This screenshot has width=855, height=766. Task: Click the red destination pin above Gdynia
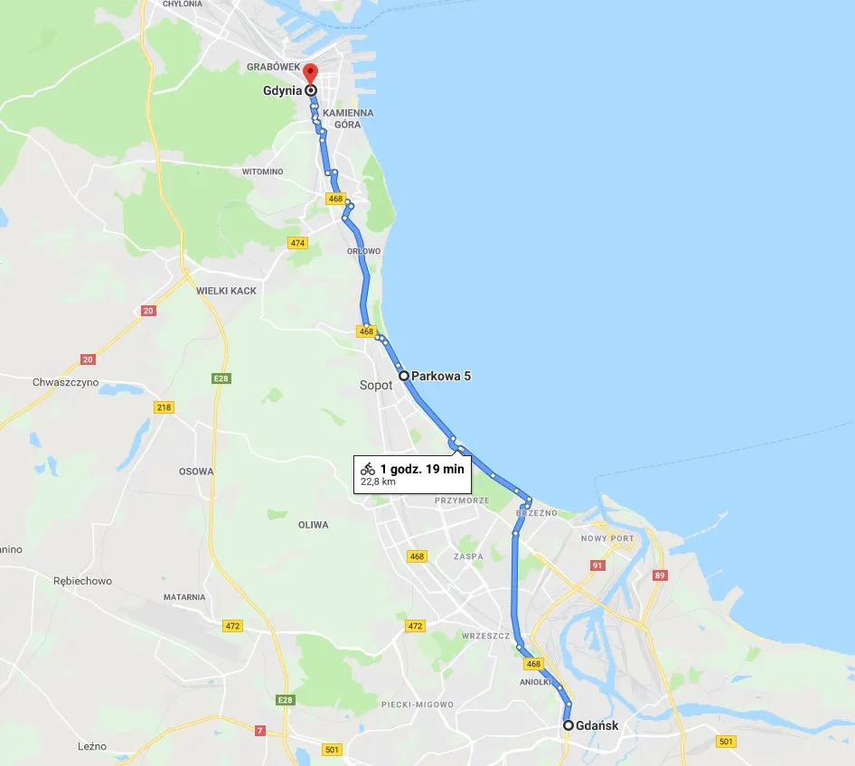tap(310, 73)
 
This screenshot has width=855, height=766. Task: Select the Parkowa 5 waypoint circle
tap(403, 375)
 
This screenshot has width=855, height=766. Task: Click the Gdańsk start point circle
tap(568, 725)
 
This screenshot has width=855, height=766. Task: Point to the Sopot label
tap(376, 385)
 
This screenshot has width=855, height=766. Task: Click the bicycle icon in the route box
tap(368, 468)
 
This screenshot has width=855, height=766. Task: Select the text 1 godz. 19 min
tap(422, 468)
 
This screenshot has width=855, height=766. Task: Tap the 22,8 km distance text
tap(378, 481)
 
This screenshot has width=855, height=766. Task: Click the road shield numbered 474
tap(297, 243)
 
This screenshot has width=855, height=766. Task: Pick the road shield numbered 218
tap(163, 406)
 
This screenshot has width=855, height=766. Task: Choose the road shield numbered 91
tap(597, 565)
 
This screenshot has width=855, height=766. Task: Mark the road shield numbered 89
tap(660, 575)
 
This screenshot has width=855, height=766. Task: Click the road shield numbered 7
tap(259, 730)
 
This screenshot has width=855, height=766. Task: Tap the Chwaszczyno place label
tap(65, 382)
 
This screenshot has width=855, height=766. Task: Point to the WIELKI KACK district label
tap(226, 291)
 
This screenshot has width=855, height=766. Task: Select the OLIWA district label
tap(313, 525)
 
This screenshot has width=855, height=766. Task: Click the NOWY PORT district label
tap(607, 538)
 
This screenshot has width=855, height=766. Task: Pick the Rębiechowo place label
tap(82, 581)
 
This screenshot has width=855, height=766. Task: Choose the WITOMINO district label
tap(262, 172)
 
